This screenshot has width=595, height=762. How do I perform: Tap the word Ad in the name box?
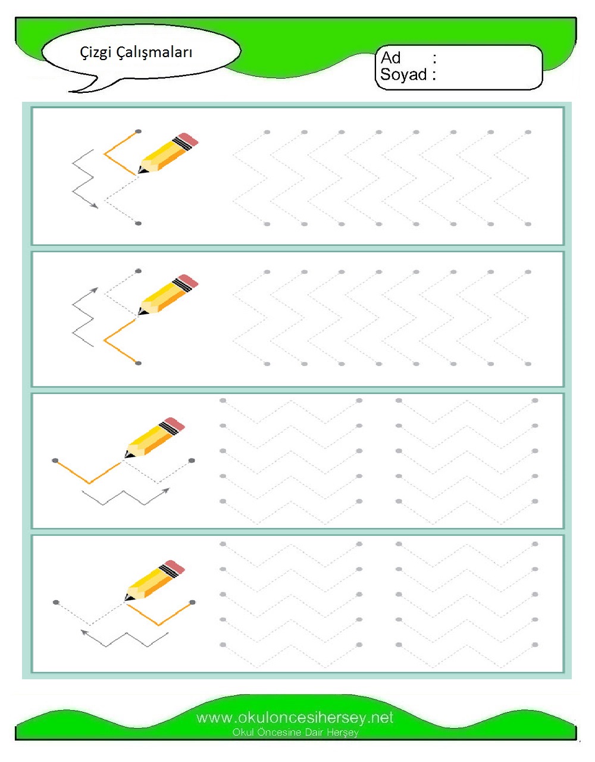point(390,58)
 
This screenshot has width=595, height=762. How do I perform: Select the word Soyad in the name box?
point(403,74)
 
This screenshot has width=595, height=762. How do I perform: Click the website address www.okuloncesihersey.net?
point(295,718)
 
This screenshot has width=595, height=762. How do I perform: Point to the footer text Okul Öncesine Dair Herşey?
point(295,732)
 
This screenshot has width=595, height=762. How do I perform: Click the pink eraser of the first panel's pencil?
point(189,139)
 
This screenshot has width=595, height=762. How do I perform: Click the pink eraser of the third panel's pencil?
point(174,424)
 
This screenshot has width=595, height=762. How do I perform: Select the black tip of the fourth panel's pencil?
point(129,598)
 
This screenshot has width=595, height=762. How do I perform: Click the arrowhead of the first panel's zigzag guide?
point(95,206)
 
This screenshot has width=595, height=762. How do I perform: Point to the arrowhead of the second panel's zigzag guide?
point(94,291)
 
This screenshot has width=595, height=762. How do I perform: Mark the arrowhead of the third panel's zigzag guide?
point(166,491)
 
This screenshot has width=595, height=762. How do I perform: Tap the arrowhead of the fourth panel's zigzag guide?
point(84,632)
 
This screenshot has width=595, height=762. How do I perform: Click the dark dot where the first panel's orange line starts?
point(139,132)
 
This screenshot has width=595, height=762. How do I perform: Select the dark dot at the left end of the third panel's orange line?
point(55,460)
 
